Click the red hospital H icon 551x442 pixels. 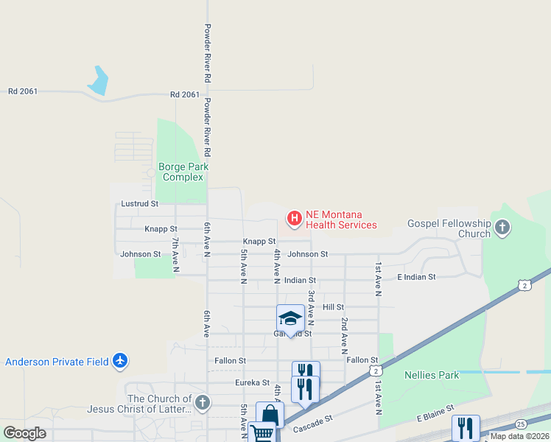[294, 218]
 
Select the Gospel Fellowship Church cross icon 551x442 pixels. [503, 228]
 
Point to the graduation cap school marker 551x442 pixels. [290, 318]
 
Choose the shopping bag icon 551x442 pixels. [270, 415]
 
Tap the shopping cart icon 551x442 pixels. [262, 432]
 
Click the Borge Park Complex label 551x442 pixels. [183, 172]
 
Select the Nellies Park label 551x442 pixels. [432, 375]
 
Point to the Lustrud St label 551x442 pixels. [140, 203]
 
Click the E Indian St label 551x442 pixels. [416, 277]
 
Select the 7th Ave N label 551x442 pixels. [176, 255]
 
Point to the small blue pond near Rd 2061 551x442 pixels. [98, 80]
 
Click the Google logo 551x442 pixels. [24, 433]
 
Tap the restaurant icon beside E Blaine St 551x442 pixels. [466, 427]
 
